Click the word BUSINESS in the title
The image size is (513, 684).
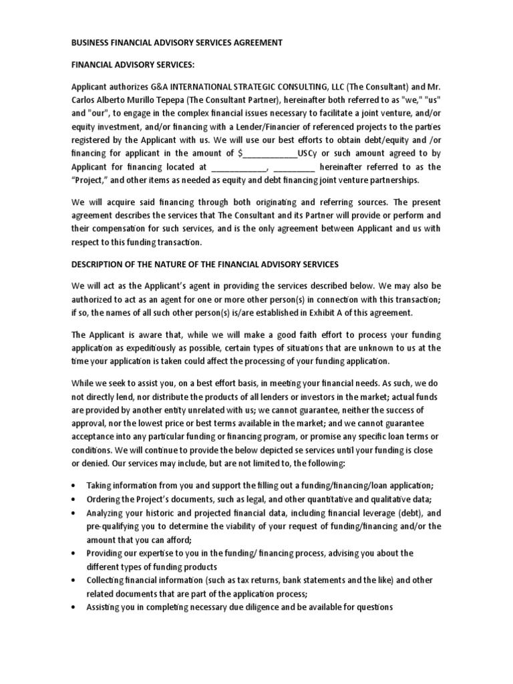pyautogui.click(x=90, y=43)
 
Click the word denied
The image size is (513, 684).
pyautogui.click(x=92, y=463)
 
